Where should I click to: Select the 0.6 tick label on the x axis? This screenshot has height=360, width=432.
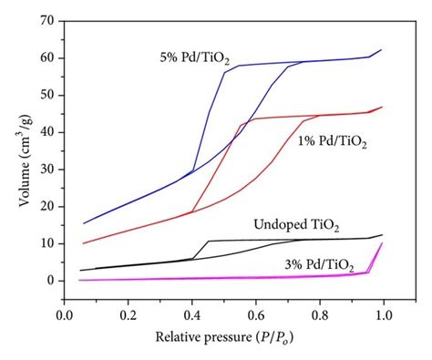256,314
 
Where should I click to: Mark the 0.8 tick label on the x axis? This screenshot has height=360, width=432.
320,314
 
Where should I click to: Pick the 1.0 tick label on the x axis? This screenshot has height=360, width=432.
384,314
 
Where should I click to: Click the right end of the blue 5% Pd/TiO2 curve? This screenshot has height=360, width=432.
382,49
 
